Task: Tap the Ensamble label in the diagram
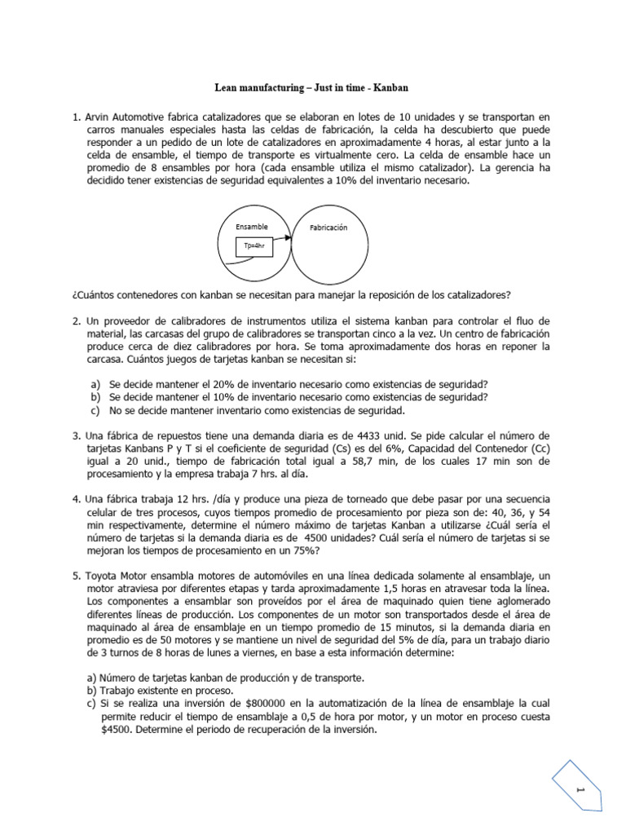[251, 226]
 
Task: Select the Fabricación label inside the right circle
[328, 228]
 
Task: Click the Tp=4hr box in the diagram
[255, 245]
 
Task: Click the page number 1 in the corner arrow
[581, 790]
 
